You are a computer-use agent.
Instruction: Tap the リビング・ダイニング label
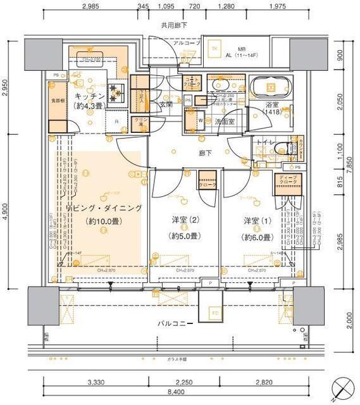point(104,208)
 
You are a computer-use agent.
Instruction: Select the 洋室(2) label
point(184,221)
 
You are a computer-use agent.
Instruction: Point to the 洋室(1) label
point(258,221)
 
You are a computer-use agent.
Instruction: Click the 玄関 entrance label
point(166,104)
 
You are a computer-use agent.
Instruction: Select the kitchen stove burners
point(116,94)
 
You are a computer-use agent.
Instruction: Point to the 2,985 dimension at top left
point(90,7)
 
